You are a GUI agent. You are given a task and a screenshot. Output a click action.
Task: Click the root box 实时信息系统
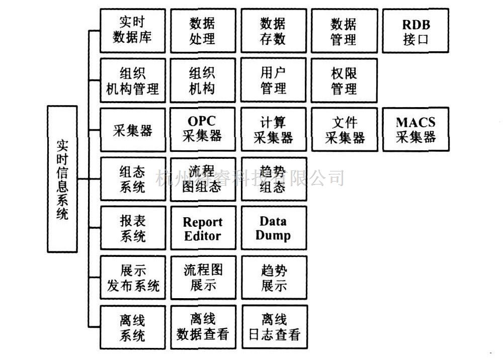[62, 179]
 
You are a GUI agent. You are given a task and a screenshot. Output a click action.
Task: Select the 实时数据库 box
[133, 31]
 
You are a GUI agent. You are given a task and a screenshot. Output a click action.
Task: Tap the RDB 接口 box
[415, 31]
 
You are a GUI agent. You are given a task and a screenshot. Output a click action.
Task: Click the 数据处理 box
[203, 31]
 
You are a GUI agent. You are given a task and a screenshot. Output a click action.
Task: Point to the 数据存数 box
[274, 31]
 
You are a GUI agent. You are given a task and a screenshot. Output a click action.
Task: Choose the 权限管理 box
[344, 80]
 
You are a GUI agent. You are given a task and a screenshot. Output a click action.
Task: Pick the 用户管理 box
[274, 80]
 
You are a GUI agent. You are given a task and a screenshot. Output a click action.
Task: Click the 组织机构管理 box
[133, 80]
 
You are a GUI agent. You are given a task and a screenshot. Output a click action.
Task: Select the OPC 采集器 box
[203, 129]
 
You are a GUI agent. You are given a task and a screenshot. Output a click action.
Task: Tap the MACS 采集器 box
[415, 129]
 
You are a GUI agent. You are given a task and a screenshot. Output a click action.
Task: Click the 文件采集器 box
[344, 129]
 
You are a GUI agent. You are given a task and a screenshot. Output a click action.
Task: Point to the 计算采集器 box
[274, 129]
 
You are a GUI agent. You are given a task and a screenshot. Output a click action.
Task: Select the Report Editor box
[203, 228]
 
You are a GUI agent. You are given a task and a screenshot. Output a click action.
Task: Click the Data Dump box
[274, 228]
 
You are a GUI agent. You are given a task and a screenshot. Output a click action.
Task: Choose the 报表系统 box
[133, 228]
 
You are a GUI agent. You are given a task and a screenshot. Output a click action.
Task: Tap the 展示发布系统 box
[133, 278]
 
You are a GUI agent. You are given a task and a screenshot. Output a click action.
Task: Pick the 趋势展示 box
[274, 278]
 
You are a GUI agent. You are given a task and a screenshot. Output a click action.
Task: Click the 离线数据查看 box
[203, 327]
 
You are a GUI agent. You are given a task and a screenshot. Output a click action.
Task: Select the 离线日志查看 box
[274, 327]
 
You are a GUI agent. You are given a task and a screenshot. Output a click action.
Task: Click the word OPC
[202, 122]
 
